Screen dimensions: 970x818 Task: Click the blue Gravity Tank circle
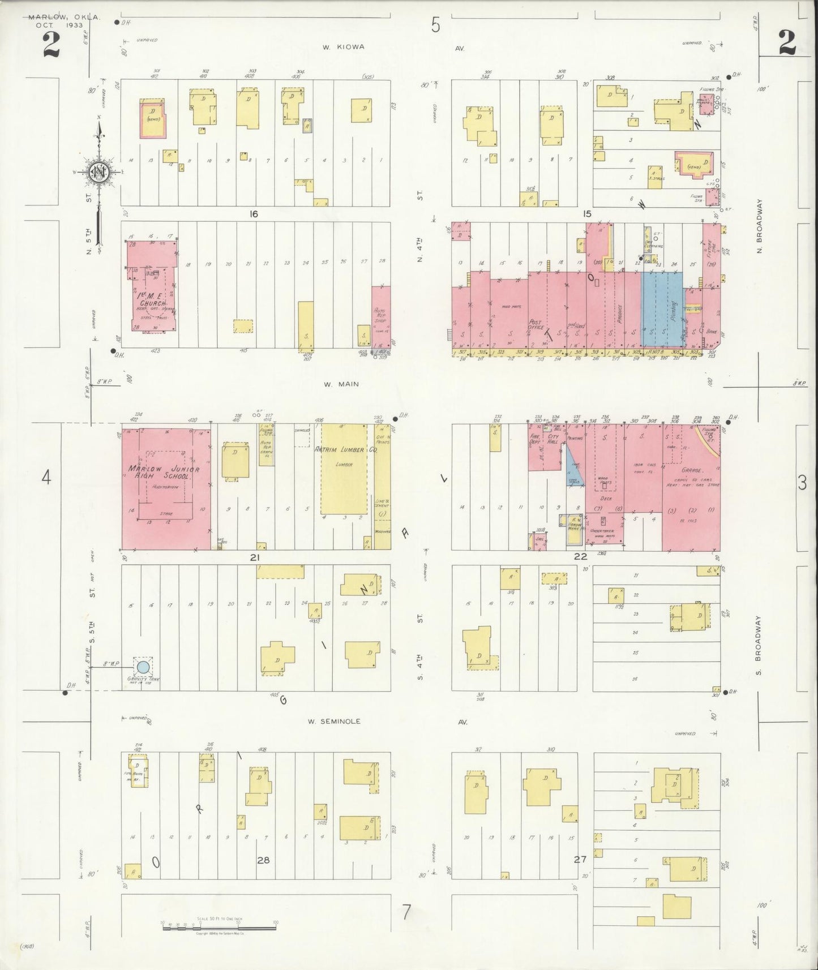click(x=144, y=667)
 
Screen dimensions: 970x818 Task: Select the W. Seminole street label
click(x=334, y=722)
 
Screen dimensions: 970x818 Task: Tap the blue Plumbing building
click(x=661, y=310)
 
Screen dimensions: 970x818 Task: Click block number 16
click(x=252, y=214)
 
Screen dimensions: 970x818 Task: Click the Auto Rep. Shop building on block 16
click(x=380, y=316)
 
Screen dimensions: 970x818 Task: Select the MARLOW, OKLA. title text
click(x=65, y=18)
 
